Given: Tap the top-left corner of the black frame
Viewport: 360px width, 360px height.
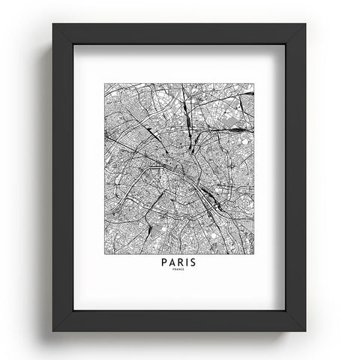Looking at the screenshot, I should coord(54,25).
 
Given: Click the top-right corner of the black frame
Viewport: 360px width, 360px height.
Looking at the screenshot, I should coord(306,25).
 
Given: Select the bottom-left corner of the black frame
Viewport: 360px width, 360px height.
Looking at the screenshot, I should coord(54,329).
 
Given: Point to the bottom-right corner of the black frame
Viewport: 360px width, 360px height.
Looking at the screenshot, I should coord(306,329).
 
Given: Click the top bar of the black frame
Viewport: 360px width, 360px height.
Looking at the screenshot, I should coord(180,34).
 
